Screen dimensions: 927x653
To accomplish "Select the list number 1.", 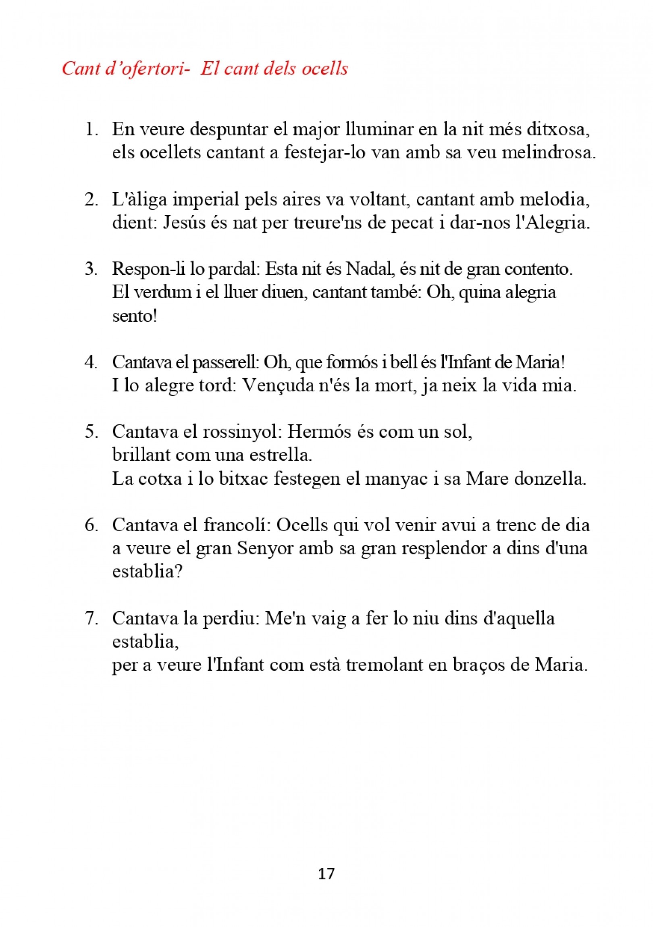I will pyautogui.click(x=91, y=130).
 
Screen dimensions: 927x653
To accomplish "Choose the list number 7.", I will pyautogui.click(x=91, y=618).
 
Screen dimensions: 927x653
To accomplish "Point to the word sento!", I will pyautogui.click(x=135, y=316).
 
